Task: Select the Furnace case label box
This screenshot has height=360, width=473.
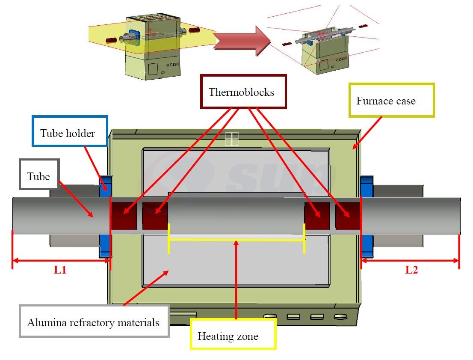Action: point(391,101)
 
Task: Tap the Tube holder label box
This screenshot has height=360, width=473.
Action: point(69,133)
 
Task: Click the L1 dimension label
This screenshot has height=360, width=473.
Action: point(60,271)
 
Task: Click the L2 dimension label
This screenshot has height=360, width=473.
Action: point(411,270)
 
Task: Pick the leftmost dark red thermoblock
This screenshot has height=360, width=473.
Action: point(124,215)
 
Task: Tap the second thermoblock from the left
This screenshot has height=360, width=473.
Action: point(155,215)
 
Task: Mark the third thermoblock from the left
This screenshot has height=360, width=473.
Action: point(317,215)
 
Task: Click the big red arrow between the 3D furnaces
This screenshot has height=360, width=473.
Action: point(242,41)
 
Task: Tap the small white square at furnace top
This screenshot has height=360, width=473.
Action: point(231,139)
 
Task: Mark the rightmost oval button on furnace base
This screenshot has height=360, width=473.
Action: point(340,317)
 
